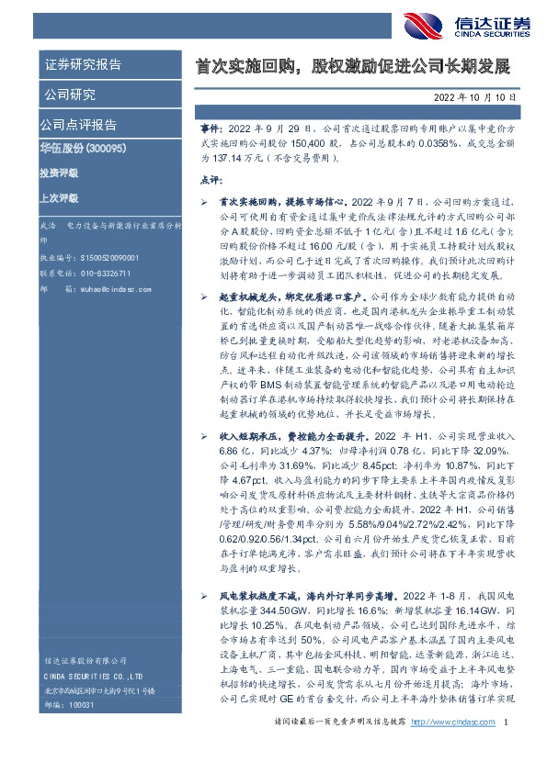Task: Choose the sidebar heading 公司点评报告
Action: (78, 124)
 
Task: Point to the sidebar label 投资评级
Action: (59, 173)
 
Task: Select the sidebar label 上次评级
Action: (59, 197)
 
